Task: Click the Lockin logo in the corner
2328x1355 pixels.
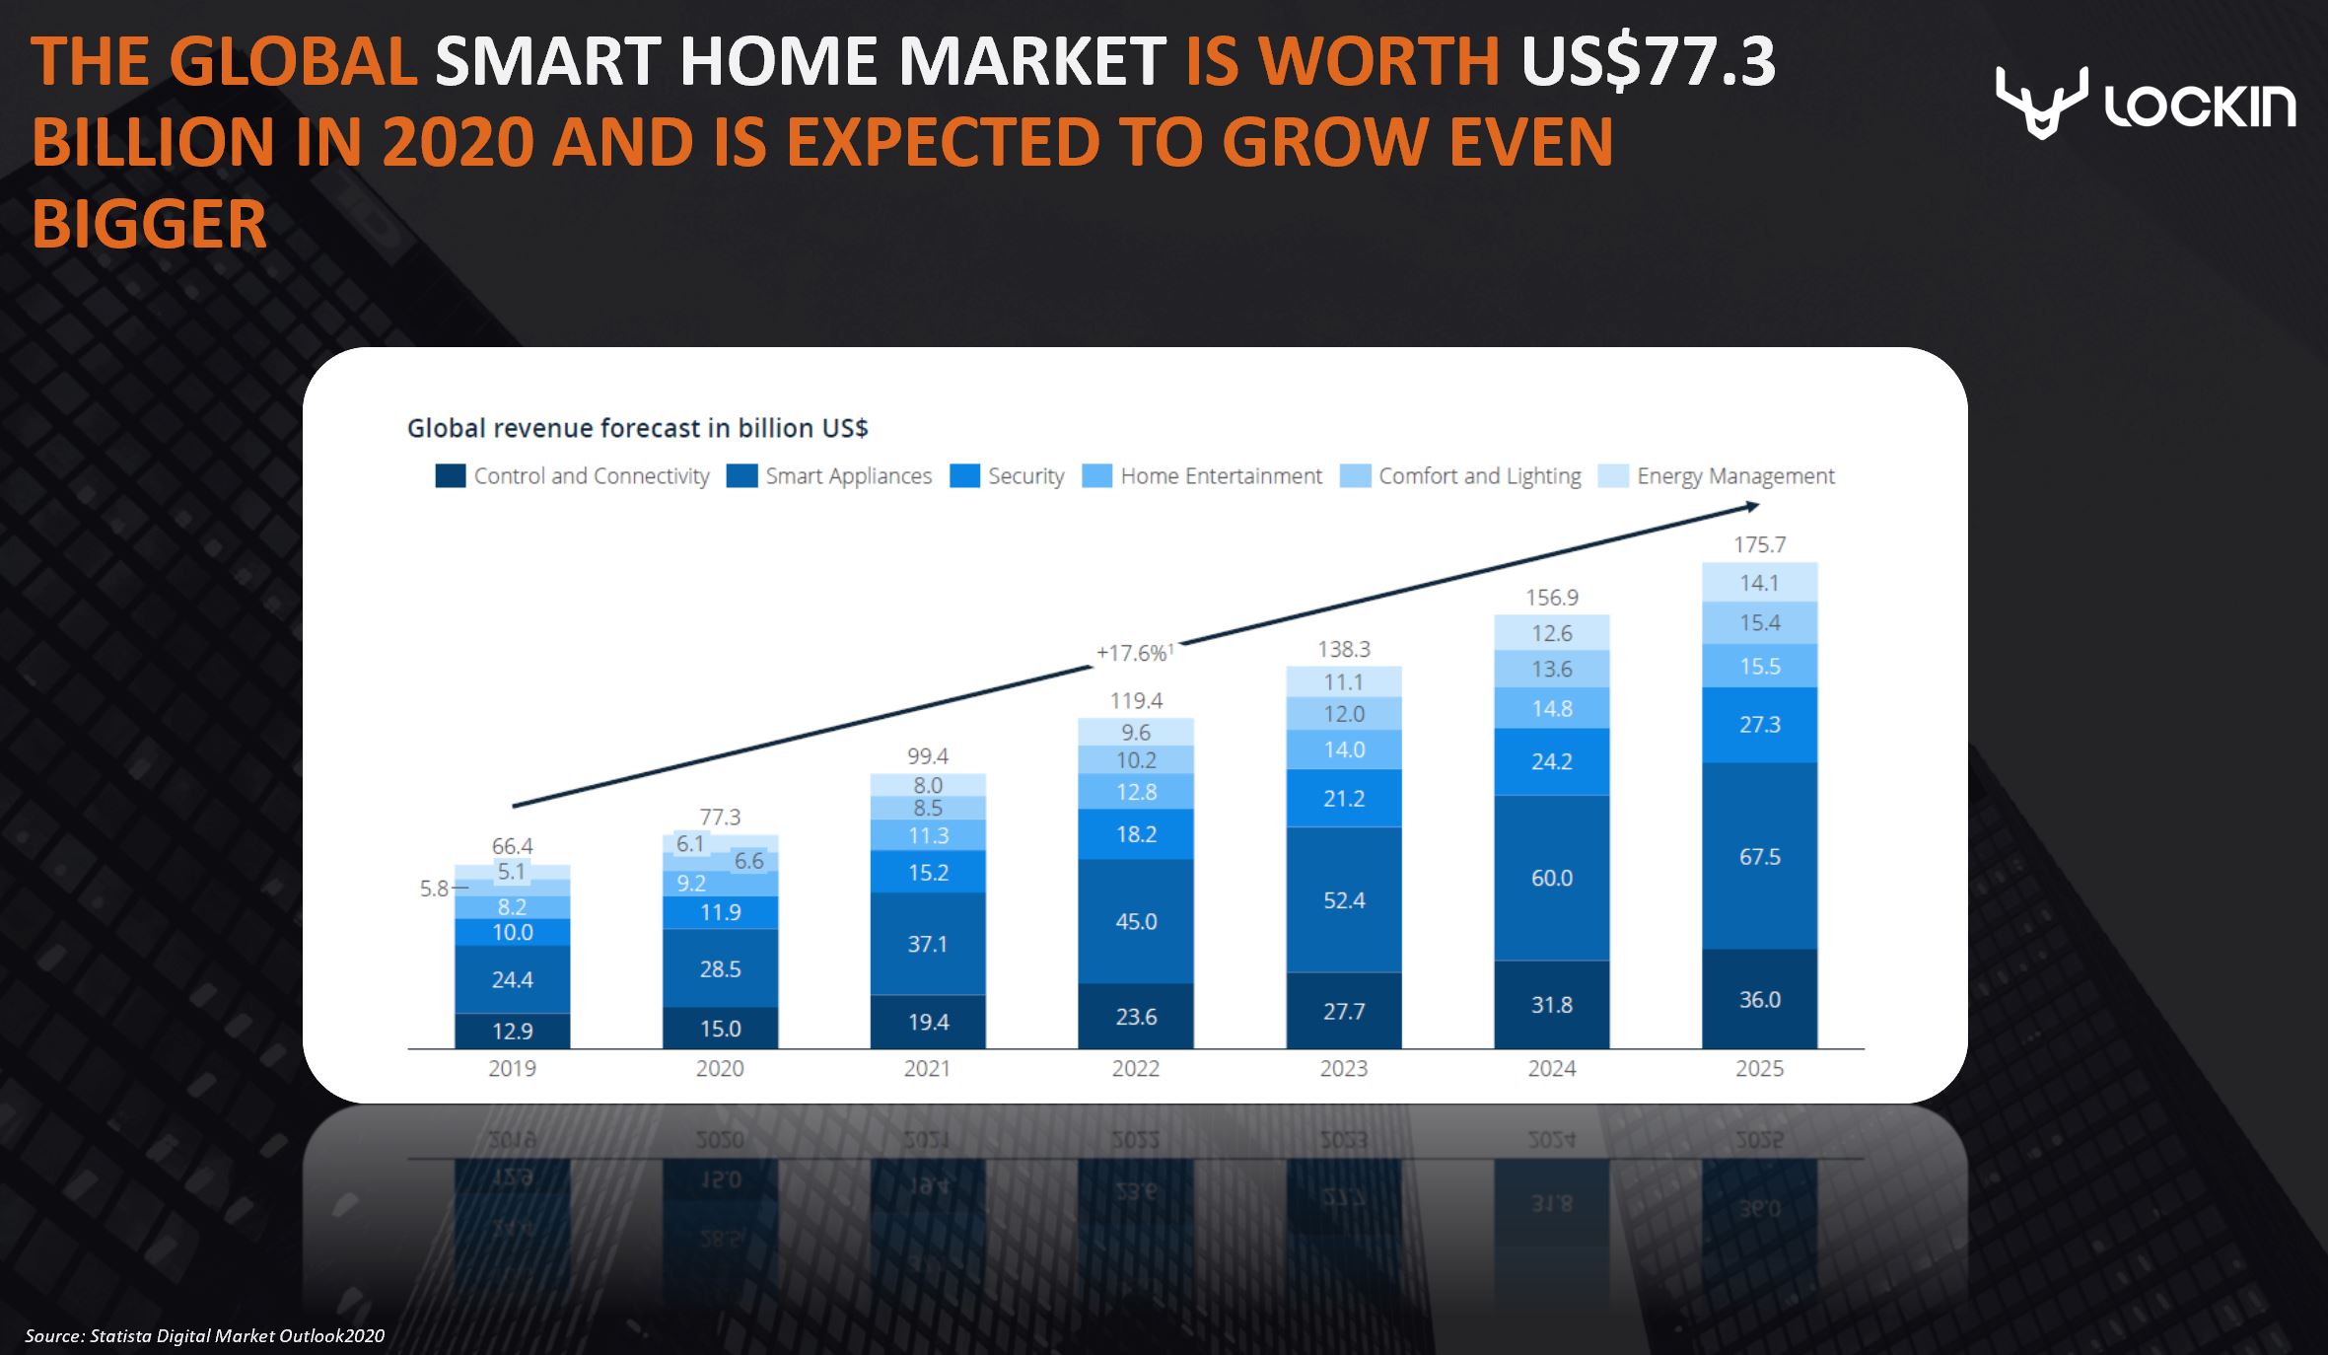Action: [2145, 103]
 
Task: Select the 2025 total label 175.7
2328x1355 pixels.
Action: [1759, 544]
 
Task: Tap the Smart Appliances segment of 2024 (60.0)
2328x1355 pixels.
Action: [1551, 878]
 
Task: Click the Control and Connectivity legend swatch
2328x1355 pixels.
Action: [450, 476]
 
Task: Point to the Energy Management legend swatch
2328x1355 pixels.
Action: [1612, 476]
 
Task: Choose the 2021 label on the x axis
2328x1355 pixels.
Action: [927, 1068]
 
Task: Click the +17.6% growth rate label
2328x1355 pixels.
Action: [1133, 653]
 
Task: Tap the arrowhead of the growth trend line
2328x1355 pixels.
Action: [1751, 507]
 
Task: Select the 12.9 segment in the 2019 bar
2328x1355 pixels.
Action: [512, 1031]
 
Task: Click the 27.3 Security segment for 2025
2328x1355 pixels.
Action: [1759, 725]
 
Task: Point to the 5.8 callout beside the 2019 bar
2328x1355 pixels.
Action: [434, 889]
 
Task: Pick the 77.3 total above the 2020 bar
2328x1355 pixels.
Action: [720, 817]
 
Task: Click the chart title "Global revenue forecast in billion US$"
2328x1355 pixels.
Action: [637, 428]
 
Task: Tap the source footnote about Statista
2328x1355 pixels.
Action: [204, 1336]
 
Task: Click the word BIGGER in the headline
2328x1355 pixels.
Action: [149, 225]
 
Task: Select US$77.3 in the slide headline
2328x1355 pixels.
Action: [1648, 61]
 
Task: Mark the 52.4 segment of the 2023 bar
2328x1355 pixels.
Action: [1343, 899]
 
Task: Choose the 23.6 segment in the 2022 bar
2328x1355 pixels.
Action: [1135, 1017]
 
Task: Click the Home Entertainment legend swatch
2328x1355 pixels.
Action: [1096, 476]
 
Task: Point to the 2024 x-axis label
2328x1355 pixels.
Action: [1551, 1068]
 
